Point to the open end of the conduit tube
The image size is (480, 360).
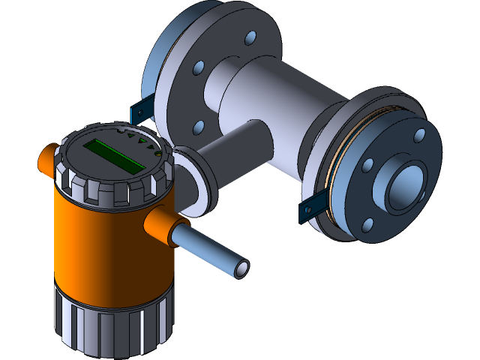point(241,267)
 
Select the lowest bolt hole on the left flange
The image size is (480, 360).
point(198,127)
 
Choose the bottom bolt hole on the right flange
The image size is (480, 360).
point(368,225)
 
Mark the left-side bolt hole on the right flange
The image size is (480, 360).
point(367,165)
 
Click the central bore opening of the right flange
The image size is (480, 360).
point(406,187)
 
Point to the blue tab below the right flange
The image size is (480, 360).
point(311,210)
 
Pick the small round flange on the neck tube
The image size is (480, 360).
point(196,180)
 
